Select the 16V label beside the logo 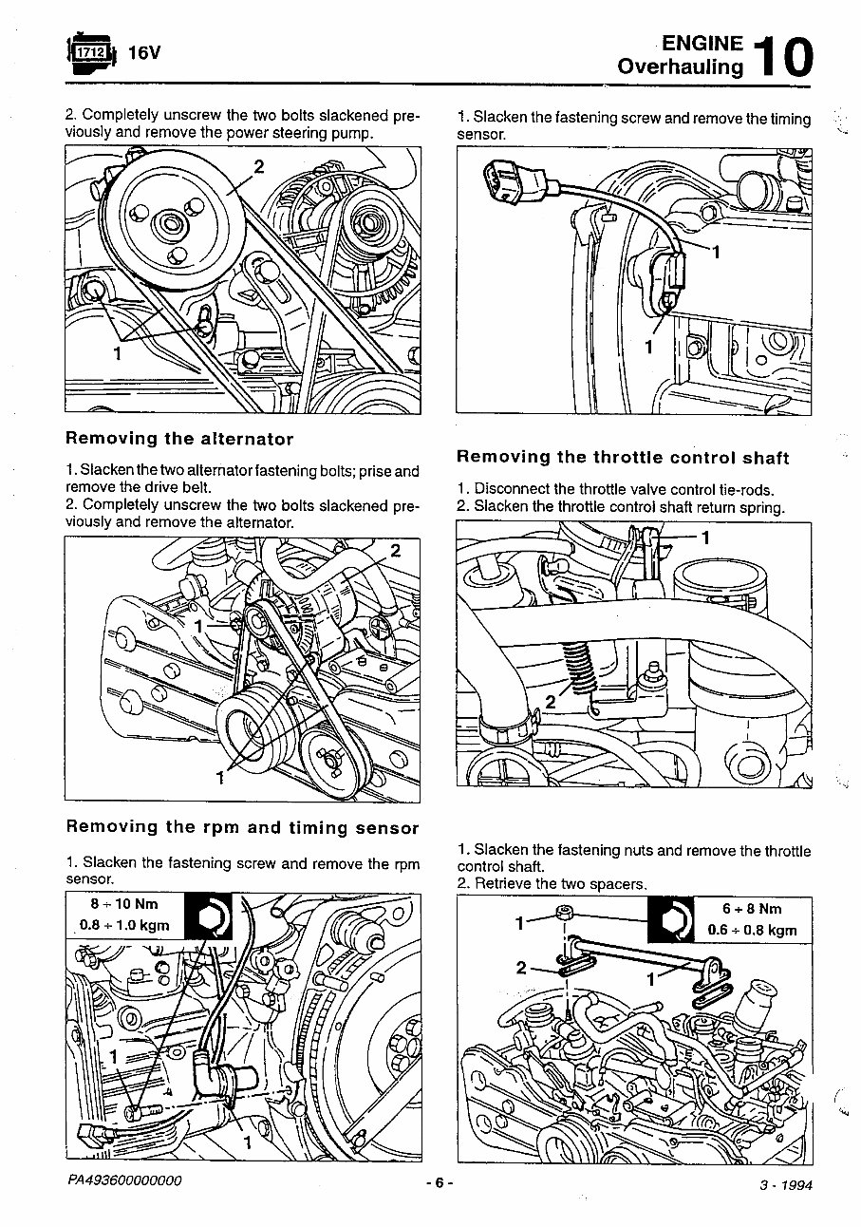pos(144,53)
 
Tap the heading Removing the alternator pos(179,439)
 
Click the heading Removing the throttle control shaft pos(623,457)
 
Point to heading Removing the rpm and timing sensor pos(242,827)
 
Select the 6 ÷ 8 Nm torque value pos(752,909)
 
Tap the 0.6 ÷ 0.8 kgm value pos(752,931)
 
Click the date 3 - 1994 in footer pos(786,1185)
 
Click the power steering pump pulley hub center pos(172,224)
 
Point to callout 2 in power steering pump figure pos(258,168)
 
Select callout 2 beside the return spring pos(549,703)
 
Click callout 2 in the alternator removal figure pos(396,551)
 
